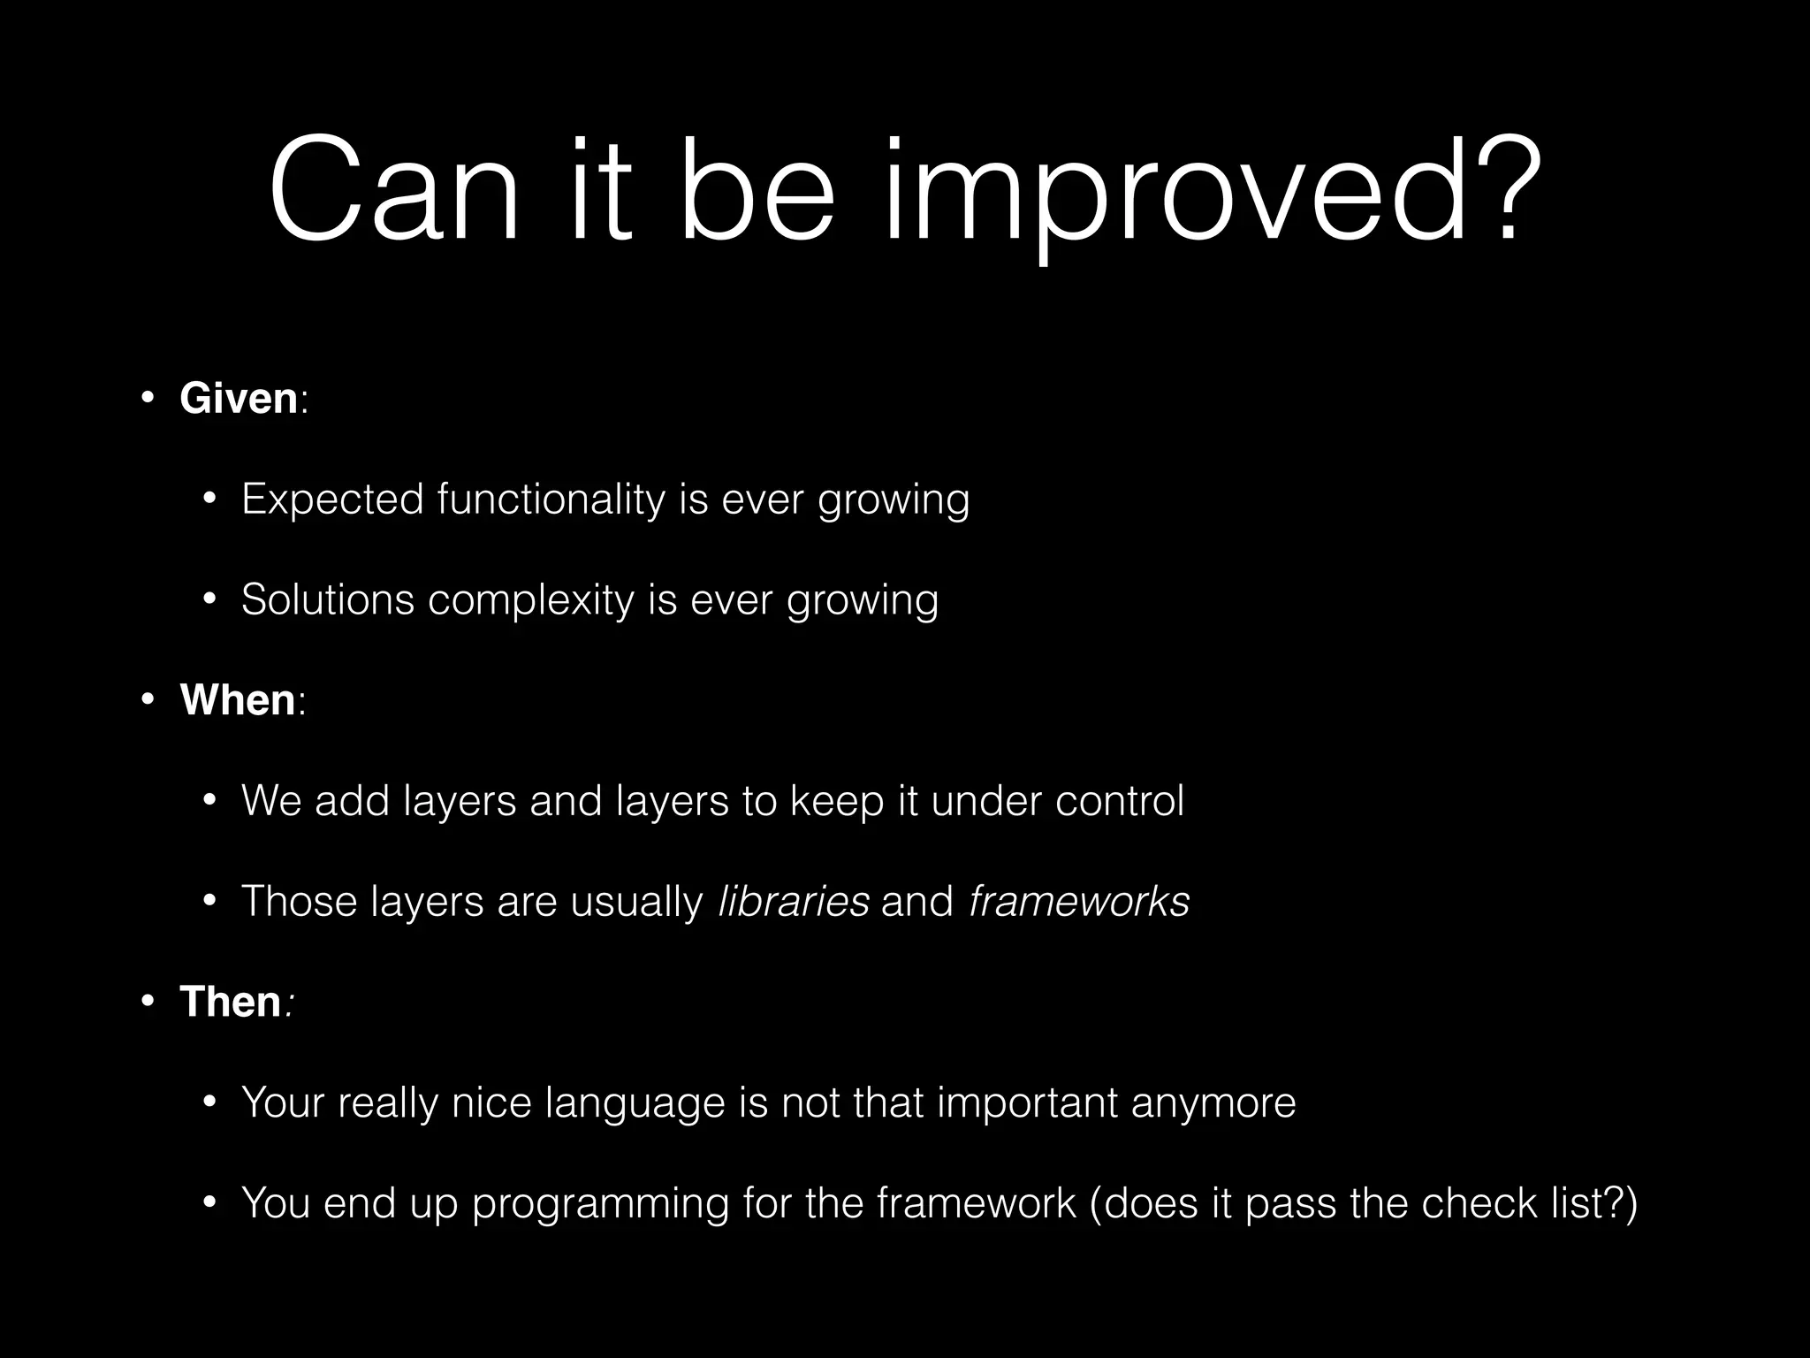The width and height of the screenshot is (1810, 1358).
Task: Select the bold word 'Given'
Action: [x=239, y=398]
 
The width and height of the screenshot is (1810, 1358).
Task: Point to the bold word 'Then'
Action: [x=230, y=1002]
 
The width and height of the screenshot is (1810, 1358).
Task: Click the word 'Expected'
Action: [x=332, y=500]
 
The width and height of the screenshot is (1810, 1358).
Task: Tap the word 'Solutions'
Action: [x=328, y=599]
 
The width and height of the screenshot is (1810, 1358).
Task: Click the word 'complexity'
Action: [x=531, y=599]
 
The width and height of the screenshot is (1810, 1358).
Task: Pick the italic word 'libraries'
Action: [x=794, y=902]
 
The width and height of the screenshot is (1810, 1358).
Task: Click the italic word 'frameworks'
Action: [x=1079, y=902]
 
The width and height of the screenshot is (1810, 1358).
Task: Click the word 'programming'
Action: [x=600, y=1203]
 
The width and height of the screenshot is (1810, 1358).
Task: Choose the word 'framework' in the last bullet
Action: [x=977, y=1203]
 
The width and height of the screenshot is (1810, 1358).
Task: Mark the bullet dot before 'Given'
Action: [x=148, y=399]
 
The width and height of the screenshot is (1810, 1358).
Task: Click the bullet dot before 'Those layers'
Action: [x=209, y=903]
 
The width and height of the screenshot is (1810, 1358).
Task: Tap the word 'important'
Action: [x=1027, y=1103]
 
